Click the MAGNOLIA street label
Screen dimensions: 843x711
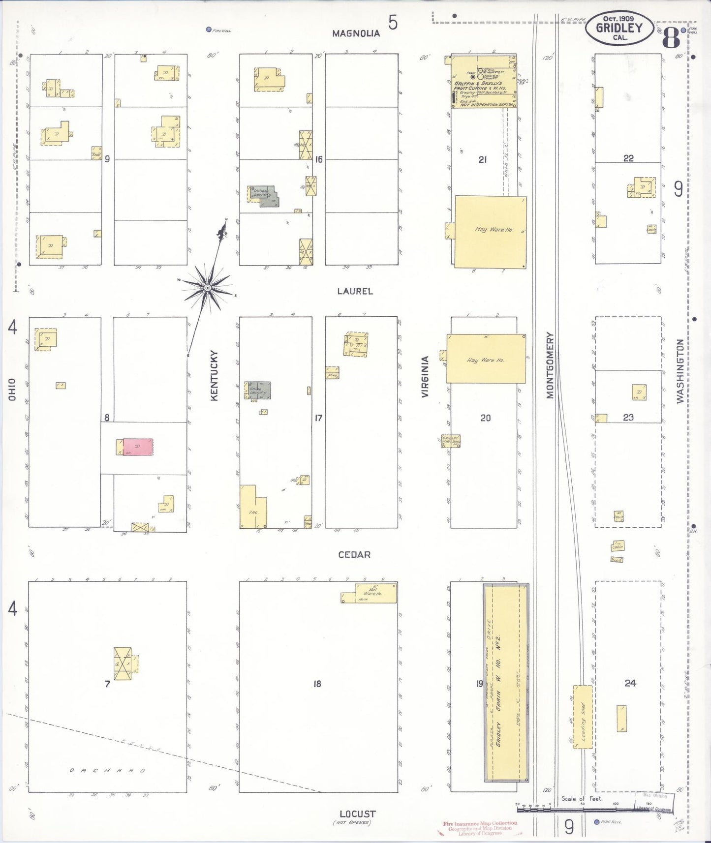(356, 33)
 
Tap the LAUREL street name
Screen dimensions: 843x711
(355, 291)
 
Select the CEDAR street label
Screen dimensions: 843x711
(354, 555)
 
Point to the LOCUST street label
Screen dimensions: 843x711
(357, 814)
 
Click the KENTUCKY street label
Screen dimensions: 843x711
(214, 375)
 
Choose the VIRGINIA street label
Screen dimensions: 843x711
(425, 376)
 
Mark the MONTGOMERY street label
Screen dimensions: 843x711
(550, 365)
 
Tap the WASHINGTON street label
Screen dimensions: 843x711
(680, 371)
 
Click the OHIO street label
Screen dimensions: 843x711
(12, 389)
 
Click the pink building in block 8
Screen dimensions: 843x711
(138, 447)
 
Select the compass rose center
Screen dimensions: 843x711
(208, 287)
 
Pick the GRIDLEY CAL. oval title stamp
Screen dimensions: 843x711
(619, 28)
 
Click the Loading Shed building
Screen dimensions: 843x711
(583, 717)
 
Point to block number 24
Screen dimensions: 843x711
(630, 683)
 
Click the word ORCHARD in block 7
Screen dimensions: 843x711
(107, 770)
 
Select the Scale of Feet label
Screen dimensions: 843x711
(582, 798)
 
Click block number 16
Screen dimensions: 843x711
(319, 159)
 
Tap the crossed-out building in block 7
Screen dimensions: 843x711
(123, 663)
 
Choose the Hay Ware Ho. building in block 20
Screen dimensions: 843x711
(486, 359)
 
